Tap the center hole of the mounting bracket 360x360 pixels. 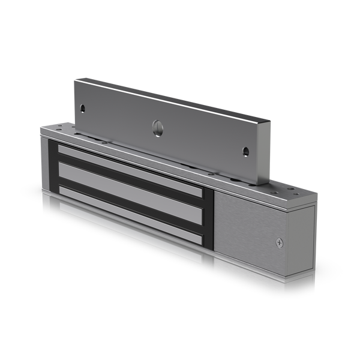pos(157,127)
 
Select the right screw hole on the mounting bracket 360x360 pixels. pos(245,151)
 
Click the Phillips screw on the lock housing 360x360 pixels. pos(280,242)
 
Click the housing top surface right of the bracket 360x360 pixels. pos(288,192)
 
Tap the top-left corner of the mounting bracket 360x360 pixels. pos(74,79)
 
